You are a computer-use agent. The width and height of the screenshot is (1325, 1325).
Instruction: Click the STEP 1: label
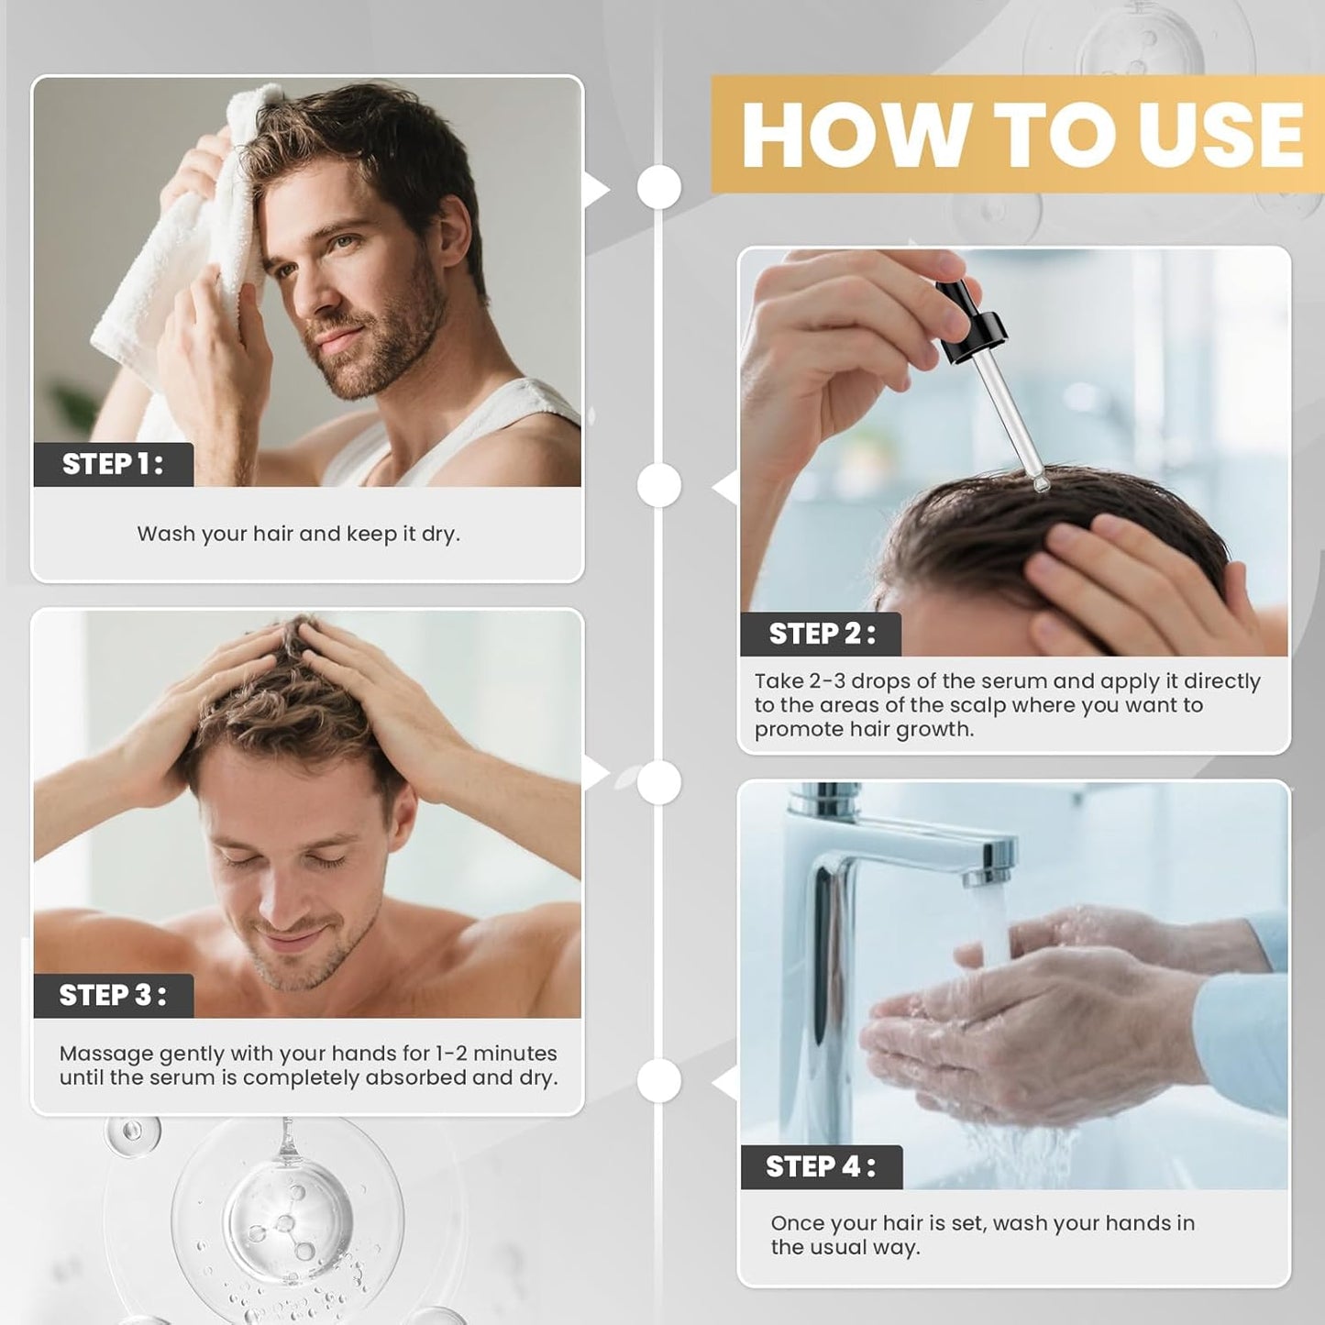[113, 464]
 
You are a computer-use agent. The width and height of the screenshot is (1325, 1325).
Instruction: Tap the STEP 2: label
[821, 634]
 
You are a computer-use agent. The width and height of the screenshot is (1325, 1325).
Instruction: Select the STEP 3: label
[113, 995]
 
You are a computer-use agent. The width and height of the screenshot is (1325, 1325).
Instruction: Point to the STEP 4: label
[821, 1166]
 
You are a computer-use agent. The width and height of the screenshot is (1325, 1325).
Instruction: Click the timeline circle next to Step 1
[658, 187]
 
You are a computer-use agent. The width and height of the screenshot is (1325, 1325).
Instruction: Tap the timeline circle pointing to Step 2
[658, 485]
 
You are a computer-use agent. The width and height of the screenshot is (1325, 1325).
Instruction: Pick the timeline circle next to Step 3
[658, 782]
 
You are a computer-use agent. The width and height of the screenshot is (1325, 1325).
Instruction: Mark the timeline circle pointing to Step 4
[658, 1080]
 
